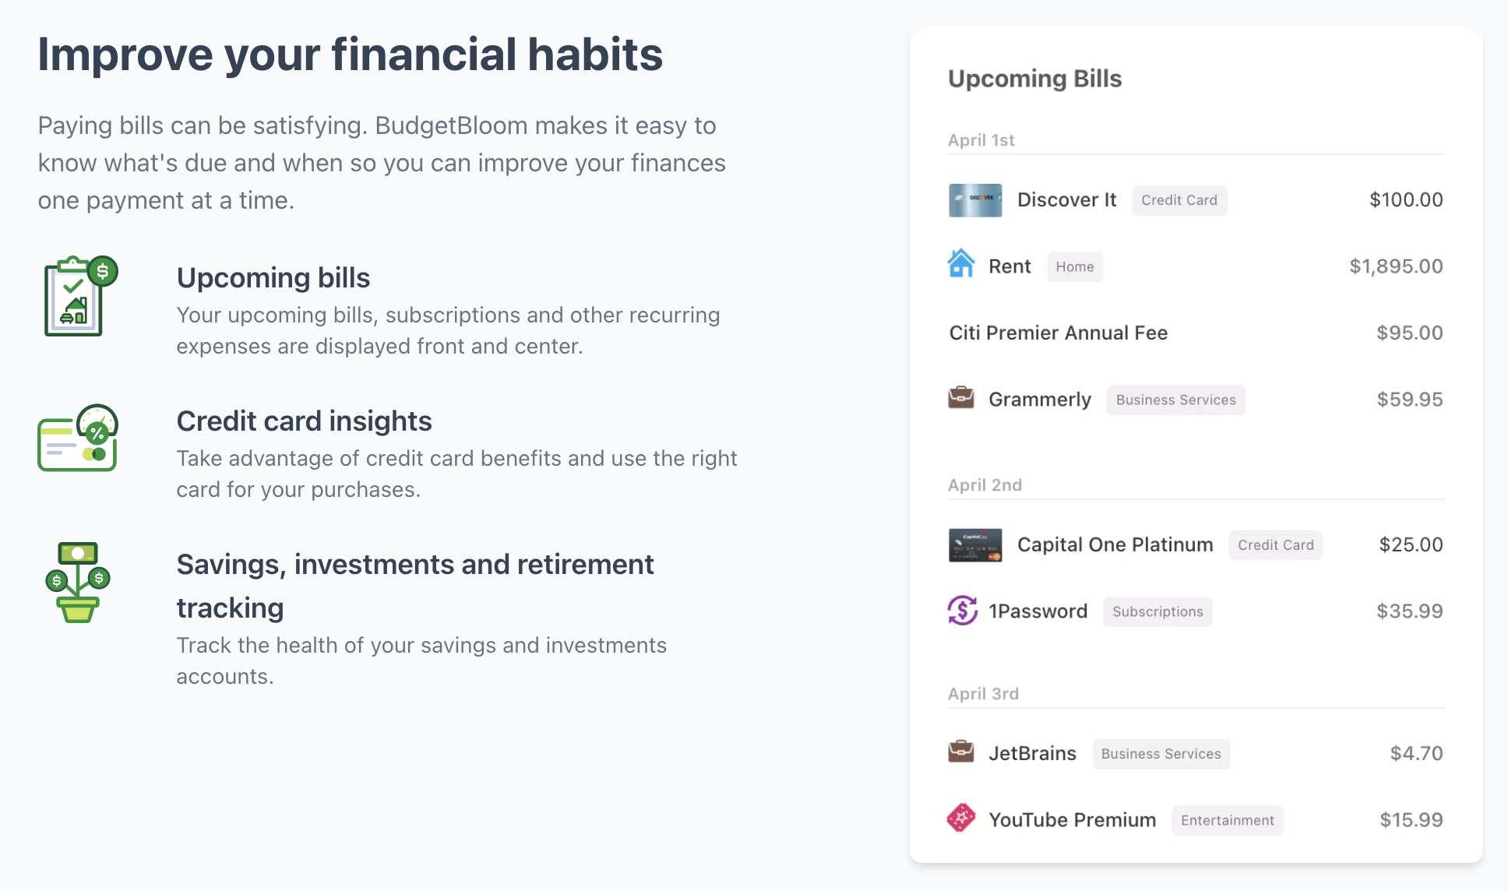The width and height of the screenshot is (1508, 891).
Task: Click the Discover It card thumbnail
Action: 975,200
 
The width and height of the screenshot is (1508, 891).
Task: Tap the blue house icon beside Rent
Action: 961,263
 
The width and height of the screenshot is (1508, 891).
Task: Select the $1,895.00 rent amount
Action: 1396,266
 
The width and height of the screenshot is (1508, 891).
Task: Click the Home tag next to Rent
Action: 1075,266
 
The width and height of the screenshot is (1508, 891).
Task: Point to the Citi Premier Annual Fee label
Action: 1058,333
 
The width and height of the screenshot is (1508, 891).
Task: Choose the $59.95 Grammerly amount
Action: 1410,400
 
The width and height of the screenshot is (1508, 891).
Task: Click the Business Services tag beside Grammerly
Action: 1175,400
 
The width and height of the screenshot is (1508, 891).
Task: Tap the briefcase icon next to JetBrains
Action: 961,752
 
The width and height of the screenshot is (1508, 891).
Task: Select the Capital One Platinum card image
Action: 975,545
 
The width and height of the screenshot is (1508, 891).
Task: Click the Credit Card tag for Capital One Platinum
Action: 1275,545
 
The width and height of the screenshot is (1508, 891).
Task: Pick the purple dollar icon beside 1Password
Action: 962,610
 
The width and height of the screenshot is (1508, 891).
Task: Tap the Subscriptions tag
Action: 1157,611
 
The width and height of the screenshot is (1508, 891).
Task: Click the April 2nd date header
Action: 985,485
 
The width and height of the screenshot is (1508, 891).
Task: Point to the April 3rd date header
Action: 983,694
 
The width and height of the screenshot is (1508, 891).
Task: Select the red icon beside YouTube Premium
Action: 961,818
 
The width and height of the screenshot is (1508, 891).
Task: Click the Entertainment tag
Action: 1227,820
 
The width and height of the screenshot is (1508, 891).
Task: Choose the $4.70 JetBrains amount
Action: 1416,753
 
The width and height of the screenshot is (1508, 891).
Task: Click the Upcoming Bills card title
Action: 1034,79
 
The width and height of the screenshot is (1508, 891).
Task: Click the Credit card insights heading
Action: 304,421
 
